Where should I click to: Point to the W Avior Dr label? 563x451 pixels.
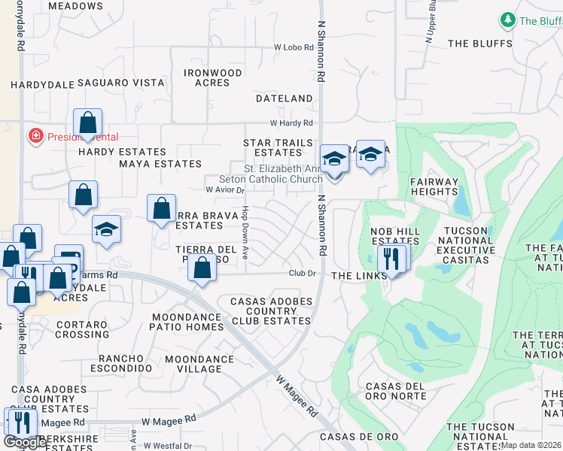(x=224, y=190)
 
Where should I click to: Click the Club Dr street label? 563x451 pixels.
(x=303, y=274)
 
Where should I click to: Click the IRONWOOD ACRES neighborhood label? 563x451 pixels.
(x=213, y=77)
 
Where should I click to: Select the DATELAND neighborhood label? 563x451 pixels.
(x=284, y=98)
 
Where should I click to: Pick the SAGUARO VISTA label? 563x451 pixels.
(x=120, y=82)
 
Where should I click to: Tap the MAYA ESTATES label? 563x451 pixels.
(x=160, y=163)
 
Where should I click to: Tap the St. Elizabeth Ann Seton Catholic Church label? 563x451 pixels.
(x=271, y=174)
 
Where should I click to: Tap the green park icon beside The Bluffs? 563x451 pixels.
(x=508, y=20)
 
